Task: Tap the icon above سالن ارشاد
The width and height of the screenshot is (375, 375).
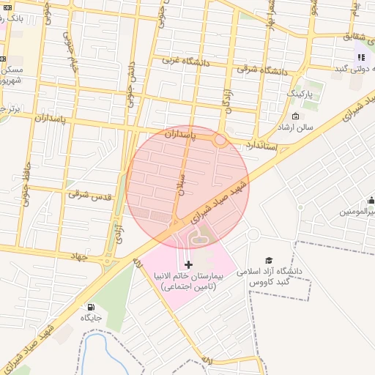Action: pyautogui.click(x=295, y=116)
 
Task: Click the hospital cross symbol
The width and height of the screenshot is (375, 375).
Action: pyautogui.click(x=188, y=264)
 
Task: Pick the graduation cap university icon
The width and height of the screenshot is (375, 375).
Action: pyautogui.click(x=269, y=261)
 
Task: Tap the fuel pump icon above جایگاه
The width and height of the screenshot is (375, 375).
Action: pyautogui.click(x=90, y=308)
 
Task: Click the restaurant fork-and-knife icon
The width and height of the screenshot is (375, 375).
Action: pyautogui.click(x=360, y=56)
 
